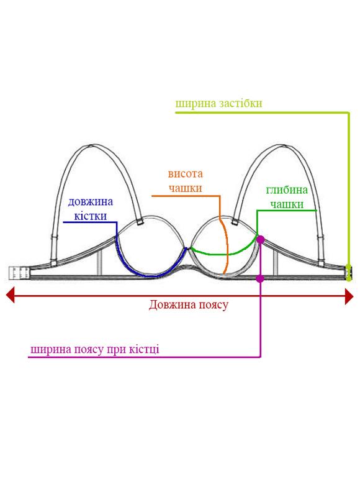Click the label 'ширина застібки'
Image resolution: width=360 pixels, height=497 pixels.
tap(218, 104)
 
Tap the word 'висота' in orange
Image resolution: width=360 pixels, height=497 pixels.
tap(185, 174)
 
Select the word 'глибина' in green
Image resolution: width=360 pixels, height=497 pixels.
tap(287, 189)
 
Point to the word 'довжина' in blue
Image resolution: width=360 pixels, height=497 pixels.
tap(91, 202)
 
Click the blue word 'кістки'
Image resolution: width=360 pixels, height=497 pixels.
tap(91, 216)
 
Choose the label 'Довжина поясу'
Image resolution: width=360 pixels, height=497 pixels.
tap(189, 305)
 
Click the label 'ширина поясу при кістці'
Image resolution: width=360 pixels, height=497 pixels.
tap(95, 349)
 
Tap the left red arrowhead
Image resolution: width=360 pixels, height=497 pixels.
tap(10, 295)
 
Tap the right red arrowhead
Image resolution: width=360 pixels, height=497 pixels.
tap(349, 296)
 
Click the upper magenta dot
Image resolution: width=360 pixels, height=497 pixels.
tap(260, 239)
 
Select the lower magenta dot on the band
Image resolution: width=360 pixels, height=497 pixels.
tap(260, 278)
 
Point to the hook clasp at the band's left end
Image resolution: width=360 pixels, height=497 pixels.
tap(19, 273)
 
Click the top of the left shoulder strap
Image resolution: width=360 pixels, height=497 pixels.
tap(92, 146)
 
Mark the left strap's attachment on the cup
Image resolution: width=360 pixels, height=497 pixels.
tap(139, 222)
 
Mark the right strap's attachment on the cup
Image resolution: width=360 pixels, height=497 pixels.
tap(235, 221)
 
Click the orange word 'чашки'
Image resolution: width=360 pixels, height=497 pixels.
tap(185, 188)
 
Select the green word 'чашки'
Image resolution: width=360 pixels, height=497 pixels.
tap(287, 204)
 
